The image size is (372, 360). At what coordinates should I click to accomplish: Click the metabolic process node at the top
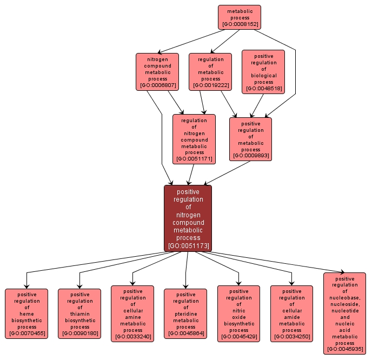239,17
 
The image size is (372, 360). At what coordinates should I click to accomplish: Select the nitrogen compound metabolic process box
157,71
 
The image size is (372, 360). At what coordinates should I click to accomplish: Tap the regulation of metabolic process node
210,71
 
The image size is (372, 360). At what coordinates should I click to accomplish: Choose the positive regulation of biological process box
263,71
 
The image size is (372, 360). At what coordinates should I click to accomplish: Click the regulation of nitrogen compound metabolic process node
194,139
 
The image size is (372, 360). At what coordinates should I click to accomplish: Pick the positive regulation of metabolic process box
250,139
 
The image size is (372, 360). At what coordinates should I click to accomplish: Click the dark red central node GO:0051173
188,218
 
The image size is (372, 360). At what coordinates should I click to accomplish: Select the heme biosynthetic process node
26,314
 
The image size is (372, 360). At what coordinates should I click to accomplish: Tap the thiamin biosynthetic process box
79,314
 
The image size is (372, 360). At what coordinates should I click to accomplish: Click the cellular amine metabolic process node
132,314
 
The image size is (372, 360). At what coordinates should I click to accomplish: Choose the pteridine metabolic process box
185,314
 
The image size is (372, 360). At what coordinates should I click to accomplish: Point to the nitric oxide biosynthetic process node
238,314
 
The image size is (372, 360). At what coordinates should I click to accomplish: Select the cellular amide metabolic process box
291,314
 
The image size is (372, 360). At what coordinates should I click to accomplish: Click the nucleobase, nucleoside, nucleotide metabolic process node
344,314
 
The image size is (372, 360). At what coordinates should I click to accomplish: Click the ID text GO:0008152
239,25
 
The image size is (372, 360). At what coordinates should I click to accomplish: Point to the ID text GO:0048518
263,89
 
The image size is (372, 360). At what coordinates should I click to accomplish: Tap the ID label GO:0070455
26,334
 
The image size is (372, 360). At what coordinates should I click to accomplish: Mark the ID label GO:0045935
344,350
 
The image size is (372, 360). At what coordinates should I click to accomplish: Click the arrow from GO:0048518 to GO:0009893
258,105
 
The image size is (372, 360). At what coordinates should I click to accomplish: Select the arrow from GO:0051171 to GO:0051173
191,175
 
